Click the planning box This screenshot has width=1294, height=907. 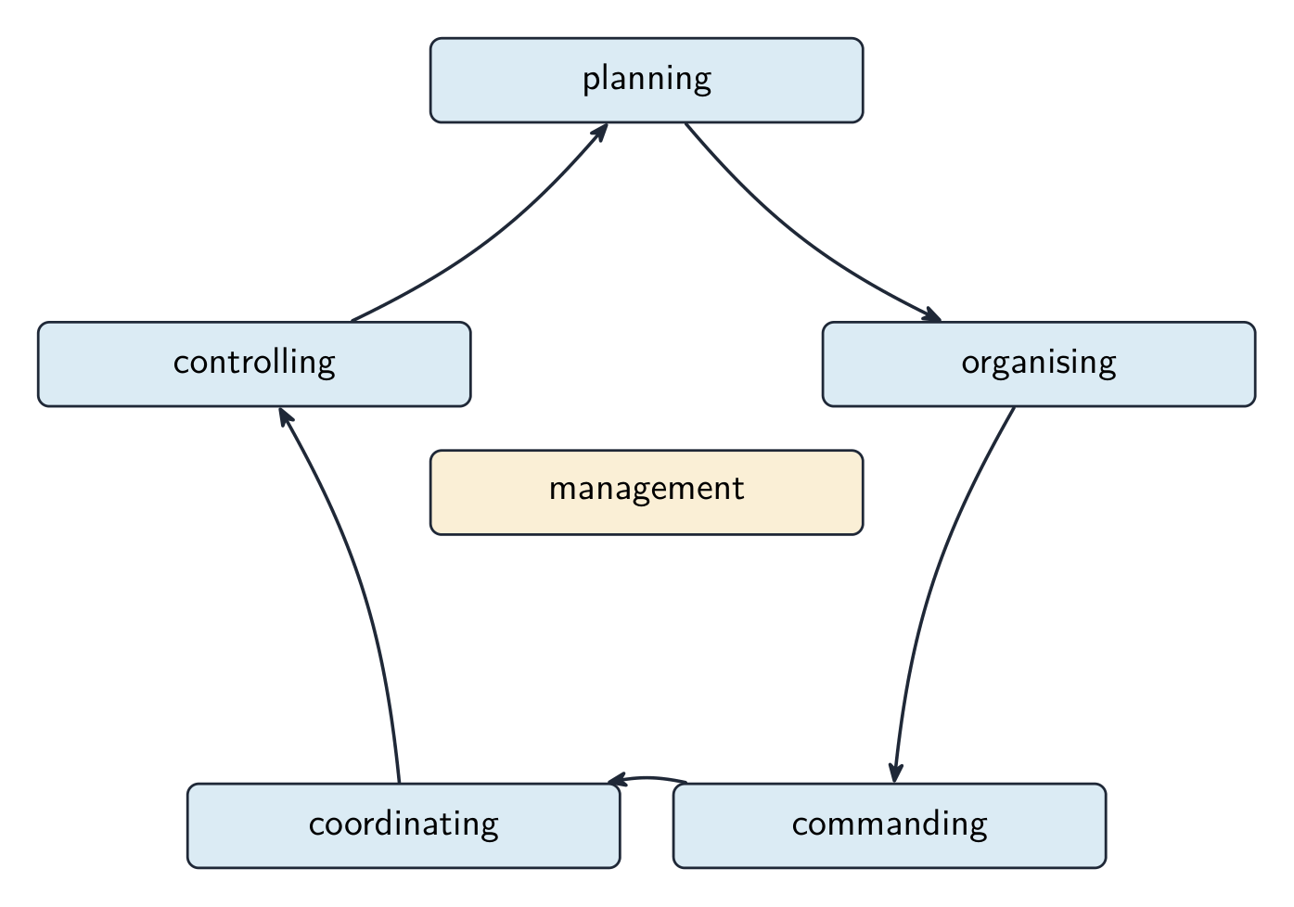pos(647,81)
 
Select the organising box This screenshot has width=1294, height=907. pos(1039,364)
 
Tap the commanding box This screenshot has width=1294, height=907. pos(890,825)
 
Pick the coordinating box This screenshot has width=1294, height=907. pos(404,825)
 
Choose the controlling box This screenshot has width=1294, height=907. pos(254,364)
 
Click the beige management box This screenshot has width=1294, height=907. pos(647,492)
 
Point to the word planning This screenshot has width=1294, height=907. pos(647,80)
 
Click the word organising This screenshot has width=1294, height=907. pos(1039,364)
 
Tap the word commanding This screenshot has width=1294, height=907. pos(890,824)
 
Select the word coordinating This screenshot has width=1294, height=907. pos(404,824)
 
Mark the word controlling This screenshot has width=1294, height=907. pos(254,364)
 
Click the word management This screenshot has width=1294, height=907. pos(647,490)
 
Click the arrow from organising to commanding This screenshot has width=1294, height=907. pos(937,583)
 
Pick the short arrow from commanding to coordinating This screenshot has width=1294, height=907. pos(647,777)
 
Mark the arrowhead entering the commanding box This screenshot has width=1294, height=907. pos(895,773)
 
